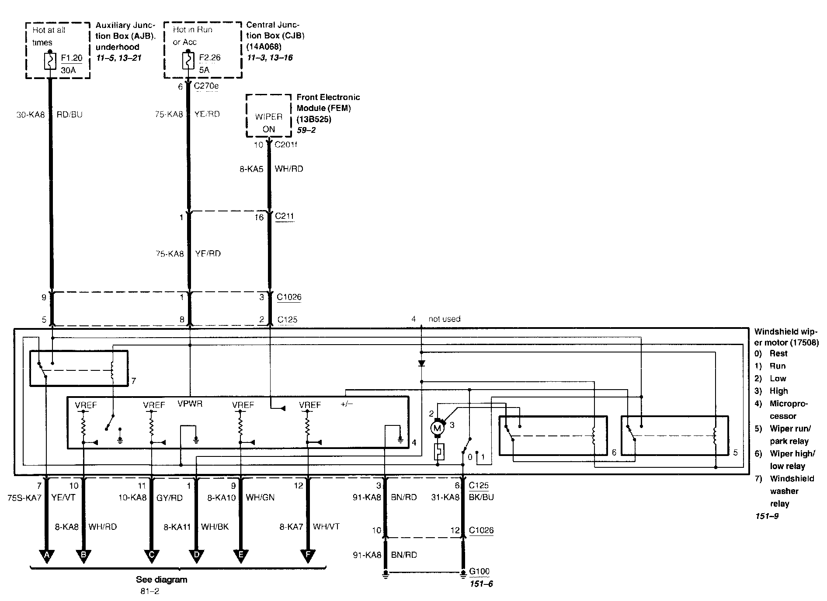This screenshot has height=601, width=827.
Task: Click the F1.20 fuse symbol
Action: coord(50,61)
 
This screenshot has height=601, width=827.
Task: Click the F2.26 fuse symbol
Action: coord(188,61)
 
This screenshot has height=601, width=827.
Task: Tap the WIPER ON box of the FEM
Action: coord(268,122)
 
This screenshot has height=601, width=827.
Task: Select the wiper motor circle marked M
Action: coord(437,428)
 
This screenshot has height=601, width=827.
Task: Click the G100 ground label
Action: coord(479,571)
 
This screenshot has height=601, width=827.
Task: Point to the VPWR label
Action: coord(190,404)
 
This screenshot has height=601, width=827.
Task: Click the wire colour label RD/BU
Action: coord(69,115)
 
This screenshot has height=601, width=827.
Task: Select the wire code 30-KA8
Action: coord(31,115)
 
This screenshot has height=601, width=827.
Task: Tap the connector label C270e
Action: coord(206,86)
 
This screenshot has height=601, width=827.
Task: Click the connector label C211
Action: coord(285,216)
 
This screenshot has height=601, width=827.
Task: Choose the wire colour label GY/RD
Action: coord(169,497)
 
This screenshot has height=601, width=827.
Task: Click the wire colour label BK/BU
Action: coord(481,497)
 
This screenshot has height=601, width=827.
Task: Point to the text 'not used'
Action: coord(444,319)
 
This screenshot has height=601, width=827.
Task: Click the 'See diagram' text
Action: coord(161,580)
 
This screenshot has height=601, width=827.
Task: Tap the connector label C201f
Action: coord(286,145)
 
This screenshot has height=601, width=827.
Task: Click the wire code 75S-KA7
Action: coord(24,497)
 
